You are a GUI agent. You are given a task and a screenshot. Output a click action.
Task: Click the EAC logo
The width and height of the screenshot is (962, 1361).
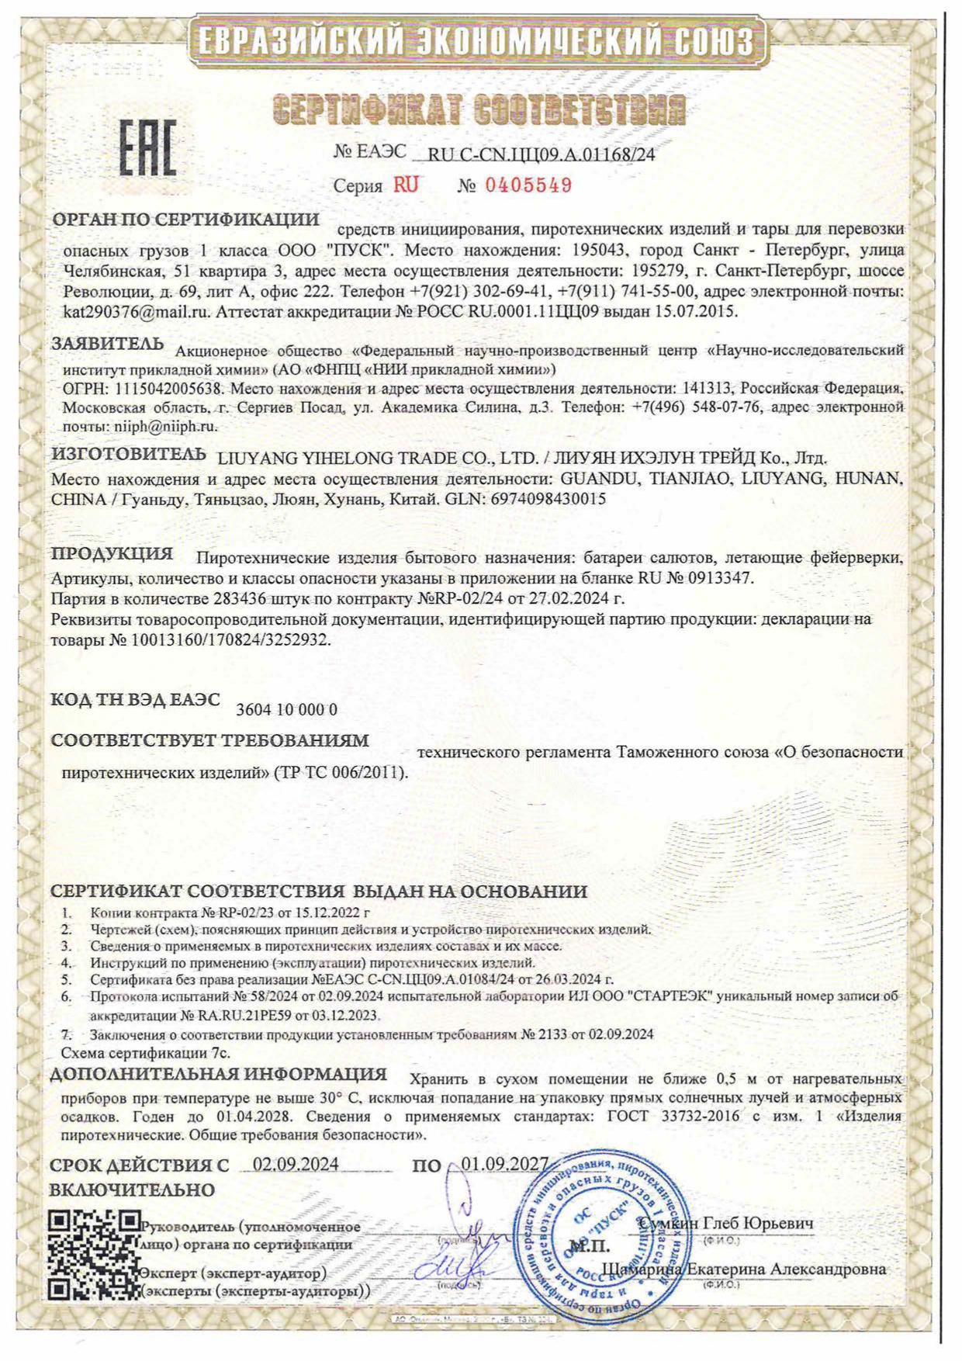pos(147,147)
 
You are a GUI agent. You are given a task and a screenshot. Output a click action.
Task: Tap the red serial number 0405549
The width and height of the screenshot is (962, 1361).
pos(528,185)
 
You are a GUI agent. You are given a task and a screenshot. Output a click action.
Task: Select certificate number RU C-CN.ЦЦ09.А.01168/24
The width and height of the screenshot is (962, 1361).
pos(542,154)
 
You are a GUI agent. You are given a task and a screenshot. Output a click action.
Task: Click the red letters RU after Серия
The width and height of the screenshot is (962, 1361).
pos(405,185)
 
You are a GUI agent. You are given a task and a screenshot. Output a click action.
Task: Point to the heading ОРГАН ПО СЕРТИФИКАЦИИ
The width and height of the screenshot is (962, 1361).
pos(185,220)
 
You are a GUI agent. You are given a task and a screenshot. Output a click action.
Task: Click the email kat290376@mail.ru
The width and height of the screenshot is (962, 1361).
pos(137,312)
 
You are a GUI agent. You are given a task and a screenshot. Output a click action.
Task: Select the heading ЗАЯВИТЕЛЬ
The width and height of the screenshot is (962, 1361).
pos(108,344)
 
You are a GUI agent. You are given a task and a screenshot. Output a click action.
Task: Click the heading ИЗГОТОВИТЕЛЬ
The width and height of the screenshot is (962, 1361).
pos(129,454)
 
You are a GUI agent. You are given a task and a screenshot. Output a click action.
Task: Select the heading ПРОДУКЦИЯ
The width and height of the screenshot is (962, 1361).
pos(112,554)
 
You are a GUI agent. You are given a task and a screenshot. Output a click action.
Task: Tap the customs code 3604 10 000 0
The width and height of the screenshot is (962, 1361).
pos(286,709)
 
